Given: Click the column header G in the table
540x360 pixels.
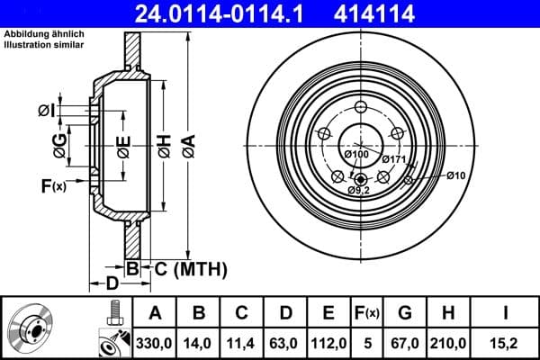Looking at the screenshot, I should point(405,313).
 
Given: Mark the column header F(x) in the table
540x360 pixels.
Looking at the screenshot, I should point(367,313).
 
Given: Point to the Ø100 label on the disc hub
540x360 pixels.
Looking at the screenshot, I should point(356,155).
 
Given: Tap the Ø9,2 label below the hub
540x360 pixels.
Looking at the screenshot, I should point(360,190).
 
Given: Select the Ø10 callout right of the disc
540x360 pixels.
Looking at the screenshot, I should point(457,175).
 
